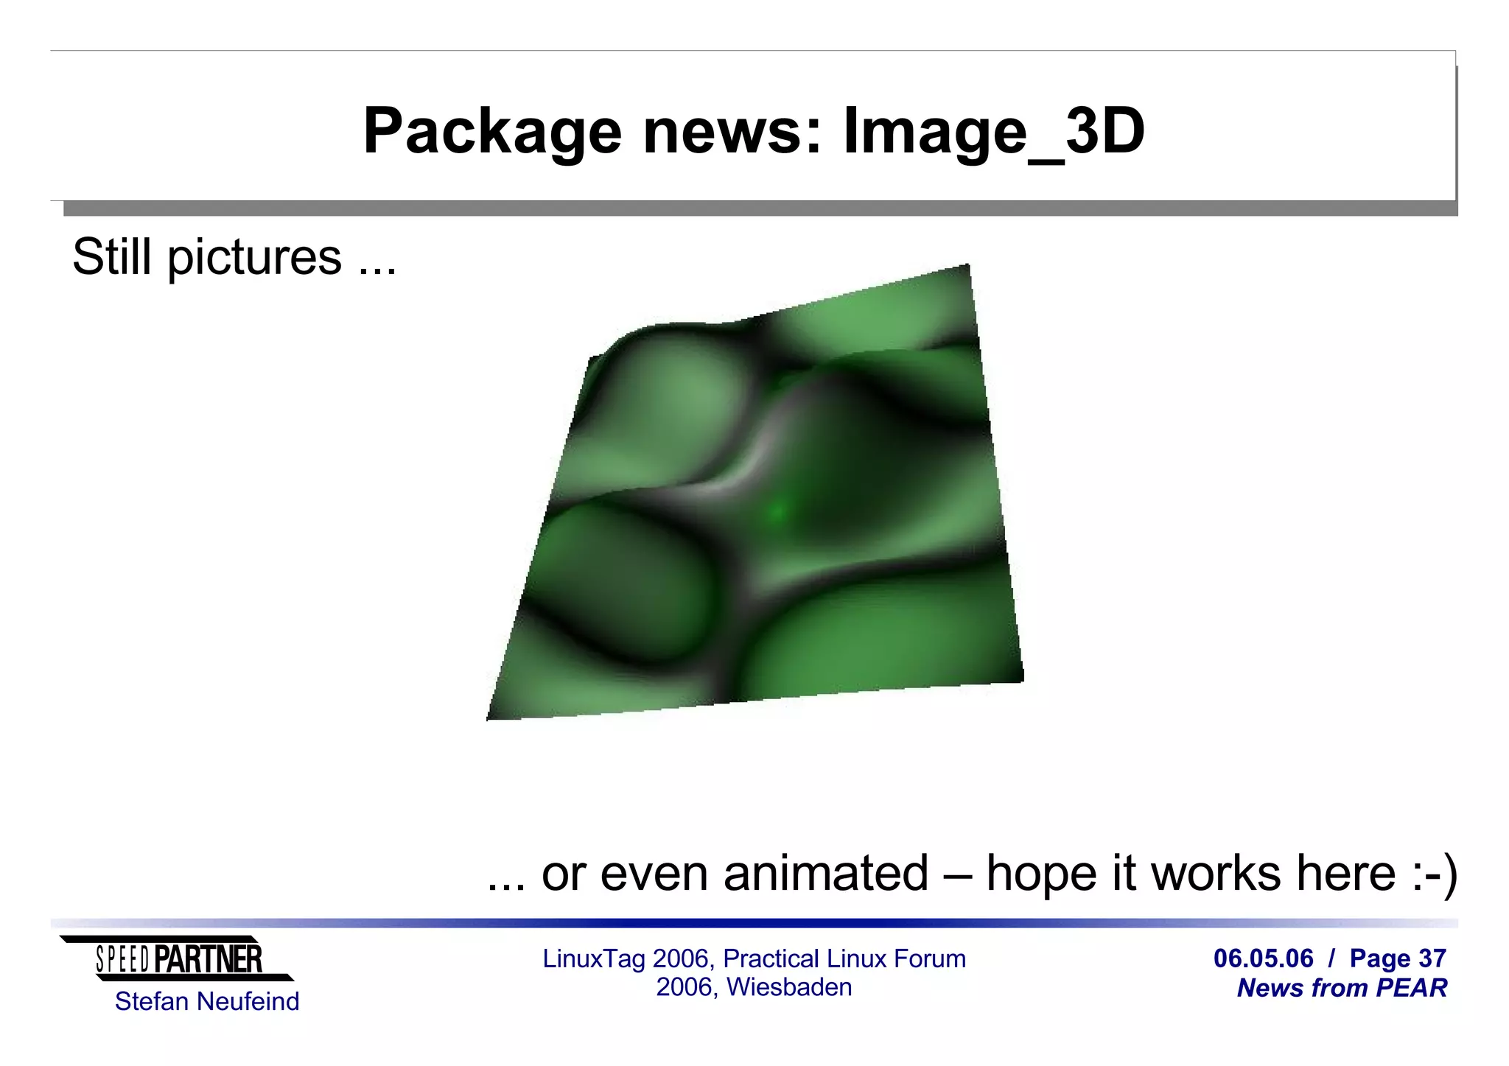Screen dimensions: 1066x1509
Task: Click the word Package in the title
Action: point(492,133)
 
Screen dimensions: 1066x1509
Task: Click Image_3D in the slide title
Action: point(994,133)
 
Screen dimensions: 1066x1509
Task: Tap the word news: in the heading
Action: point(732,133)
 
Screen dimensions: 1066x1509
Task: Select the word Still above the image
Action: point(113,257)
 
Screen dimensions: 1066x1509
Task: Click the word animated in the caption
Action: point(825,874)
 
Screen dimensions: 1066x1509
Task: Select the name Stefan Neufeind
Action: point(207,1002)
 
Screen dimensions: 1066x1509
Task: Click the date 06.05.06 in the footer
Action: point(1263,958)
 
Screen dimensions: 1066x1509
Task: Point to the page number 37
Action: point(1432,958)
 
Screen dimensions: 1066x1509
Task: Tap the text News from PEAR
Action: point(1342,988)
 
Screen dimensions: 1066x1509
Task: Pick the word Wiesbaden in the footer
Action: point(789,987)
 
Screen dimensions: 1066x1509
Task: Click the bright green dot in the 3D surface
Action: point(777,511)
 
